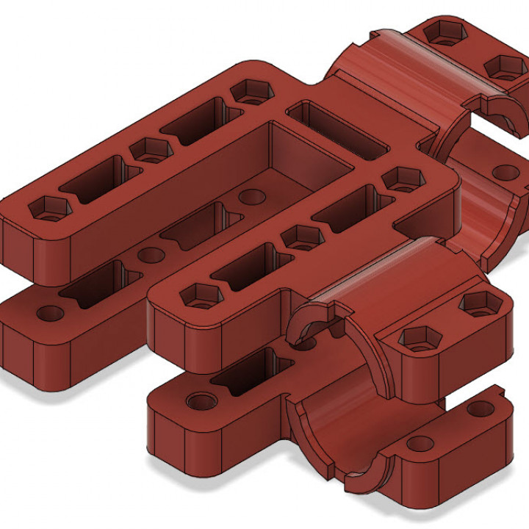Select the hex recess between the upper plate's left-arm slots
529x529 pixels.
point(151,149)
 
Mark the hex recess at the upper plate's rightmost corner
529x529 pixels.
point(402,178)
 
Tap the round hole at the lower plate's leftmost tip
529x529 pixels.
point(51,314)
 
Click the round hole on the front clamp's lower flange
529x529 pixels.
point(420,443)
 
